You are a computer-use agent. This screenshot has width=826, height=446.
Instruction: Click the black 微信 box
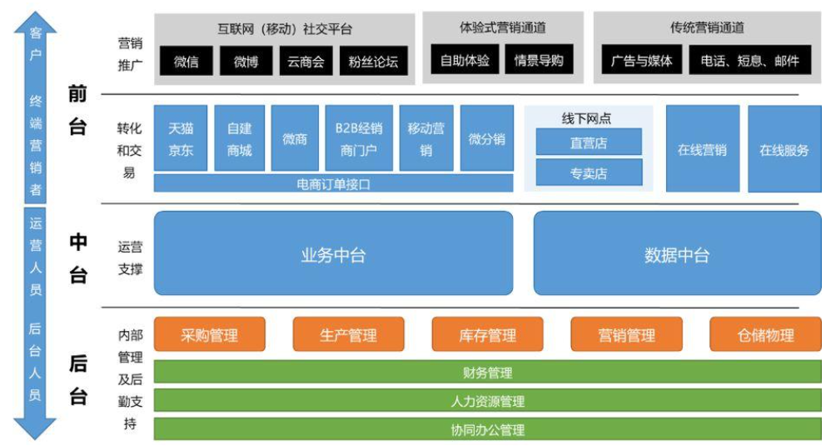tap(186, 61)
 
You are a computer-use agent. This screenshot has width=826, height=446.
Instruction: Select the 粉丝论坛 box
tap(374, 61)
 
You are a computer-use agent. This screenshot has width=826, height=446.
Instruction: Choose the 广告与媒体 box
tap(641, 60)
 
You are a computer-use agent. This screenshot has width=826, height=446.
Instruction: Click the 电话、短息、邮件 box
tap(750, 60)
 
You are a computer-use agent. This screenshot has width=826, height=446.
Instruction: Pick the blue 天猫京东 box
tap(181, 138)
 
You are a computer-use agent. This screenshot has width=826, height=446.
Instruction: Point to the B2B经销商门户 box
tap(359, 138)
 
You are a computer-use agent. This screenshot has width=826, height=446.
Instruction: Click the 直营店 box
tap(589, 143)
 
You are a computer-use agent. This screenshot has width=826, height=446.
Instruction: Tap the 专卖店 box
tap(589, 173)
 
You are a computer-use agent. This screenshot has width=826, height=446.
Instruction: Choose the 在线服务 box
tap(784, 150)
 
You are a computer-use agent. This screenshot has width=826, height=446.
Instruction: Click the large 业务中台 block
tap(333, 254)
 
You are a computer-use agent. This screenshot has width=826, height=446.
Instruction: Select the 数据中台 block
tap(676, 254)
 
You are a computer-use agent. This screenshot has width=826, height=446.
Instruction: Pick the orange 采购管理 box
tap(209, 335)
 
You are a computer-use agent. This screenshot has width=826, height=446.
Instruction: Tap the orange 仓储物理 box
tap(765, 335)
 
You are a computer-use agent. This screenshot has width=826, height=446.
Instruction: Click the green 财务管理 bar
tap(487, 373)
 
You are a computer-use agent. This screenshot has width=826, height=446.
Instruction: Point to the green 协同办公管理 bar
tap(487, 430)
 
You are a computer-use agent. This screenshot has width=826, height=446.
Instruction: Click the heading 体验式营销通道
tap(503, 28)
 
